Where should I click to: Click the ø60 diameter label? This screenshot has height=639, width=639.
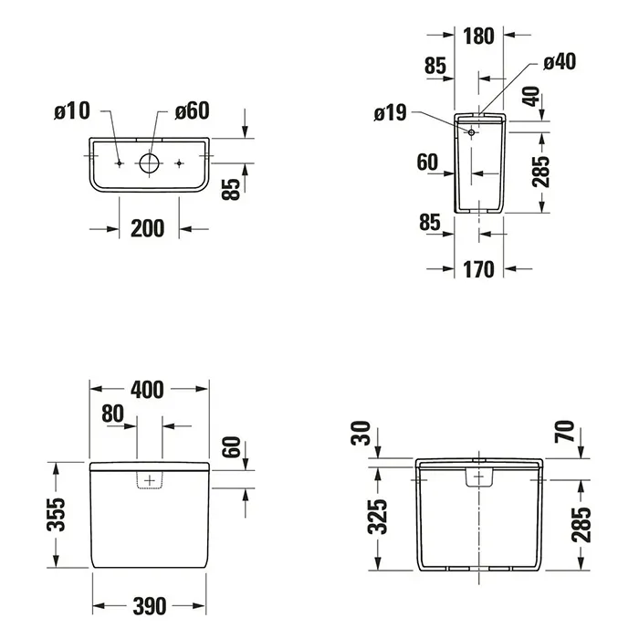[192, 111]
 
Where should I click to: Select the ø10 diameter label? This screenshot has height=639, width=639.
[72, 111]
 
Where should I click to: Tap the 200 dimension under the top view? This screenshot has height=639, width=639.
[148, 227]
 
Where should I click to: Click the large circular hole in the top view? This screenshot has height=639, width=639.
[149, 163]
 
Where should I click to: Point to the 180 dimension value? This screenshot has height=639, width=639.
[478, 37]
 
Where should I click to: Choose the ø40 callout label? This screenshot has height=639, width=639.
[559, 61]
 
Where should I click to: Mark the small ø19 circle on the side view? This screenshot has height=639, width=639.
[471, 133]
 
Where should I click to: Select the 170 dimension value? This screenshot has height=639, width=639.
[478, 269]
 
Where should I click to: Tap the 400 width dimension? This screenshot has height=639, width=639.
[148, 389]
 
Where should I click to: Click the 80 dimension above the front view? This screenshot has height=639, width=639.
[113, 414]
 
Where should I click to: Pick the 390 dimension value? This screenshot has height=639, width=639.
[148, 605]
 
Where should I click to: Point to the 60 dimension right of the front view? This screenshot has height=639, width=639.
[231, 447]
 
